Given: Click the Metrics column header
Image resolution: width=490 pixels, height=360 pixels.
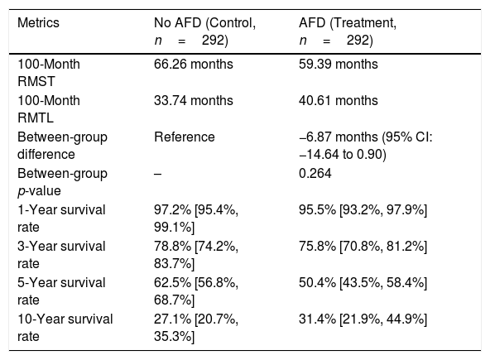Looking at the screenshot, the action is [x=38, y=23].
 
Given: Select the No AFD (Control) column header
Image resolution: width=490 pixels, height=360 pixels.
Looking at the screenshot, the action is [x=204, y=31].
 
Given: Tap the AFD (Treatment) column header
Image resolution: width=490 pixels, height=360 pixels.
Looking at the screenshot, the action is [x=348, y=31].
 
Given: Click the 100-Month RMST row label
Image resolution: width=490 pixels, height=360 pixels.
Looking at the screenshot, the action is [x=49, y=73].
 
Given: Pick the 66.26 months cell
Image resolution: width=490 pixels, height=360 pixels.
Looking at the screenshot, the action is [x=194, y=65].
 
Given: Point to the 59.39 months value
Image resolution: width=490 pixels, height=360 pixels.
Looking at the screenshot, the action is [x=339, y=65].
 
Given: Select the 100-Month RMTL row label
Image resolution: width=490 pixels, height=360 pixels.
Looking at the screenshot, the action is [x=49, y=109].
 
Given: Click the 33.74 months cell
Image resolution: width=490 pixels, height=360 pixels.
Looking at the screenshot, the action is [x=194, y=101].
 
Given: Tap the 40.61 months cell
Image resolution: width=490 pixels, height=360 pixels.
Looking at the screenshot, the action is [x=339, y=101].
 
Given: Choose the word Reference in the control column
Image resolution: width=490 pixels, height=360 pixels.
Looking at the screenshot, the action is [x=185, y=137].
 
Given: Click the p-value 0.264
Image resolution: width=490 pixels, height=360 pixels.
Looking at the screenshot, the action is [x=315, y=174].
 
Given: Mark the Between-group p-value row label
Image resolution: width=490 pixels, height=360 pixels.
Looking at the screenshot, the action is [x=62, y=182].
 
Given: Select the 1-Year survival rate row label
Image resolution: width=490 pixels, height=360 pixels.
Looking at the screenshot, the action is [x=61, y=218].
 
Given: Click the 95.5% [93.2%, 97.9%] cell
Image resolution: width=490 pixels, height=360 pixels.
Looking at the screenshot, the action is [x=363, y=210].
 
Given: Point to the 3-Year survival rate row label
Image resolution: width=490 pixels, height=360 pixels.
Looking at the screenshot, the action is [x=61, y=255].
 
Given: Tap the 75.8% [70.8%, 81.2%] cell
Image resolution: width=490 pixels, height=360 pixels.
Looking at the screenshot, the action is [x=363, y=247].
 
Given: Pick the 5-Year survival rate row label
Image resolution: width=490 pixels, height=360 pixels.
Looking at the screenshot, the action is [x=61, y=291].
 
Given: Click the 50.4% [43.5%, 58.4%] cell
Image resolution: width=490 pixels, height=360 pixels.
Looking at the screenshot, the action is [x=363, y=283].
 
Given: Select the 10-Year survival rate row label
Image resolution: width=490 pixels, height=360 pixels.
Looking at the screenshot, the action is [x=65, y=328].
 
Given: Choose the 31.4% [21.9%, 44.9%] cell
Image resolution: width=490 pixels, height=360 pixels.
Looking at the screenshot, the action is [x=363, y=319].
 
